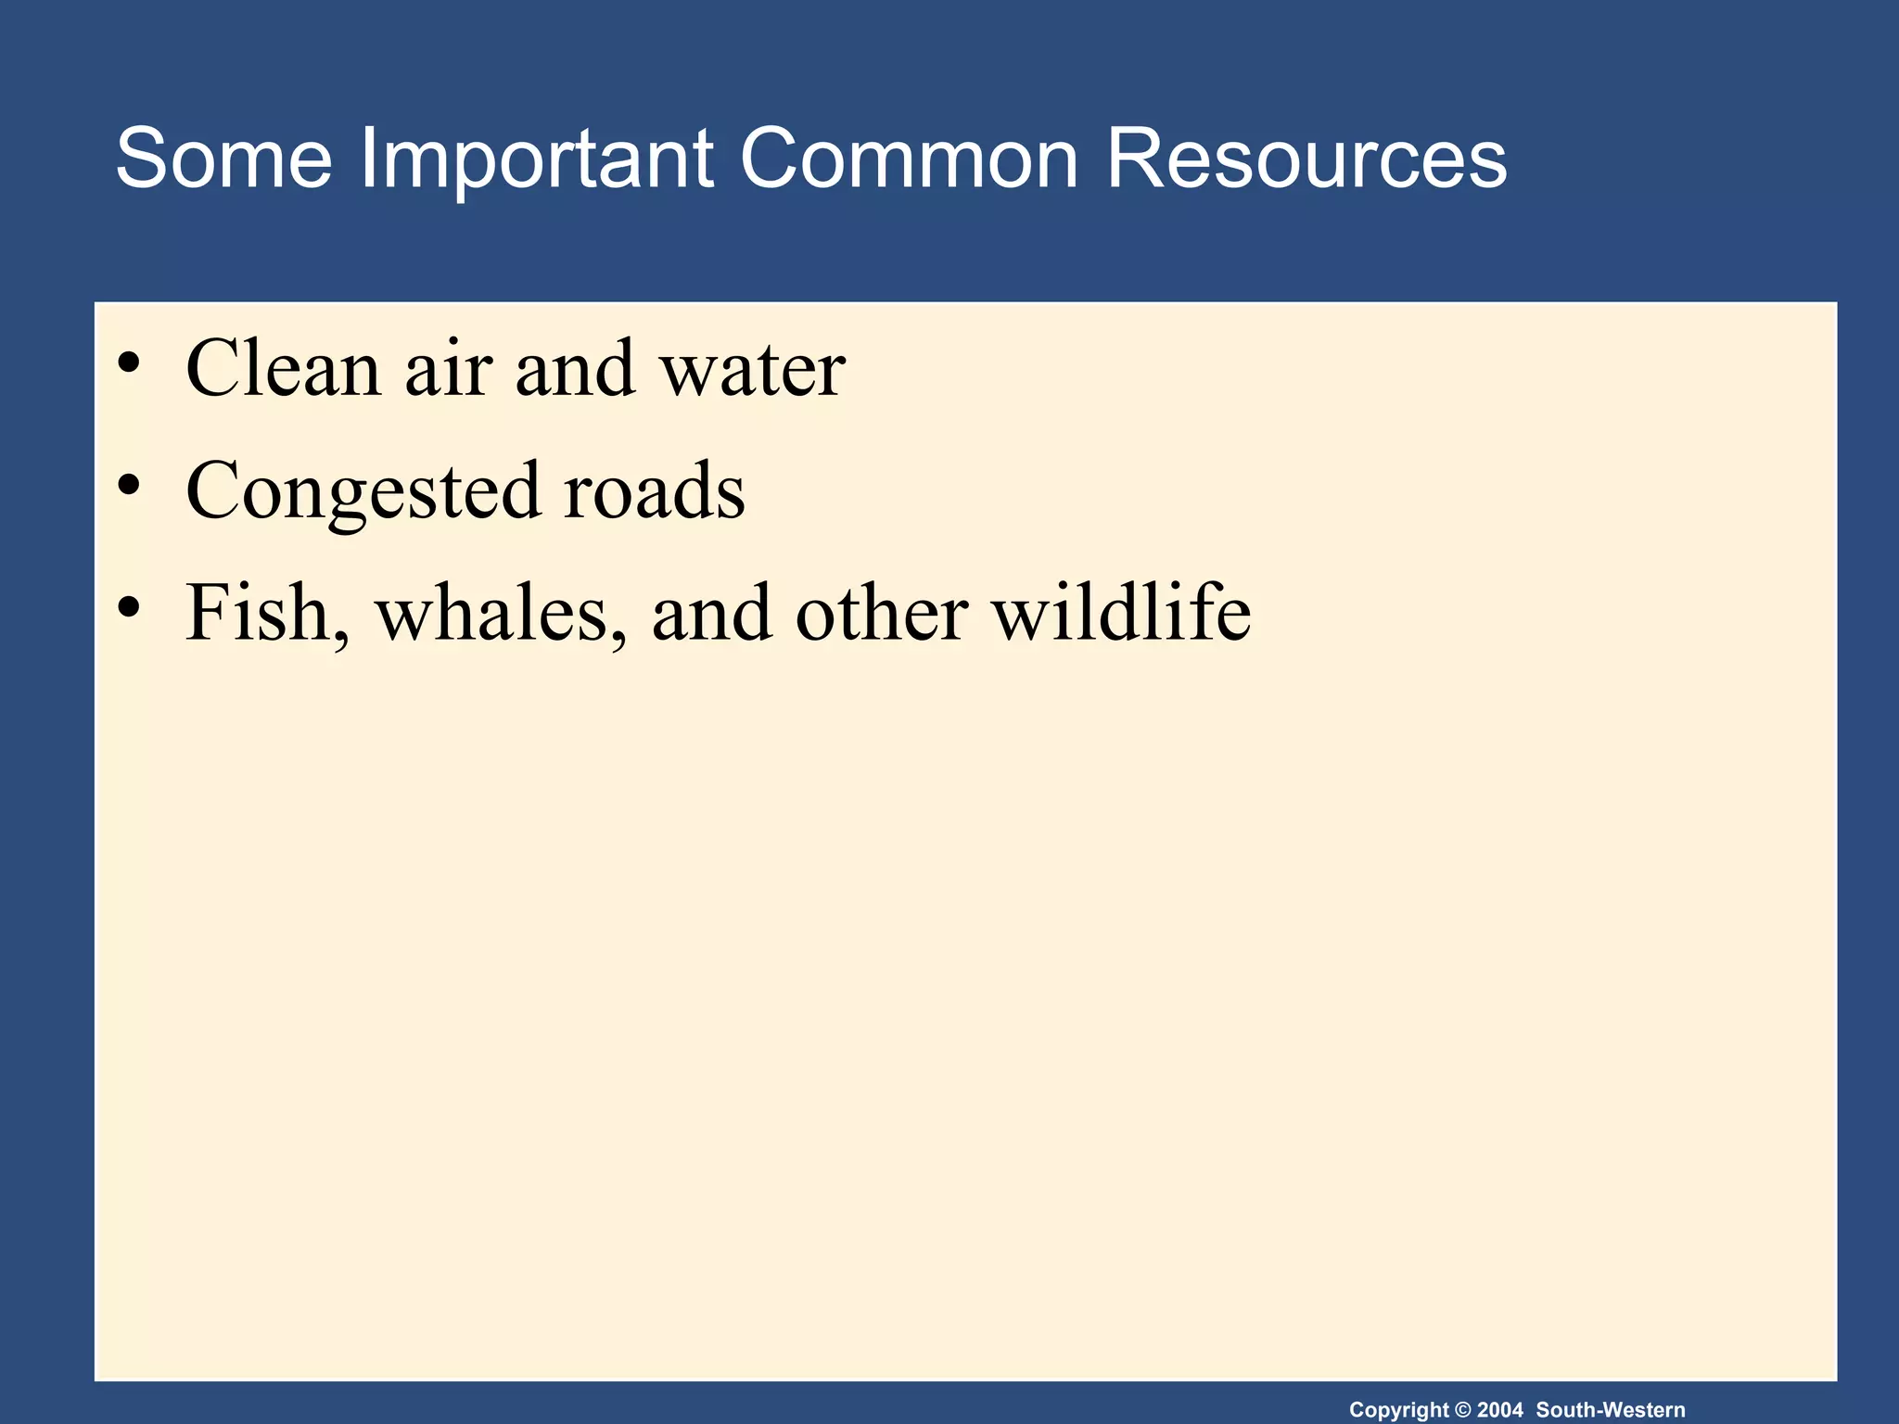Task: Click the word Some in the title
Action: (x=223, y=159)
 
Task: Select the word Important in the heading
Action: (x=536, y=159)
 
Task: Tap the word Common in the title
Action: (x=909, y=159)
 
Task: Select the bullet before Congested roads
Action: (x=129, y=484)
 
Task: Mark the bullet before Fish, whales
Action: (x=129, y=606)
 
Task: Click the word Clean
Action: (x=284, y=369)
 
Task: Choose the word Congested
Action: (x=363, y=491)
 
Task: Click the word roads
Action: (x=654, y=491)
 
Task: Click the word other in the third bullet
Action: (x=881, y=614)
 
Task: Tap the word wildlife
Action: (x=1121, y=614)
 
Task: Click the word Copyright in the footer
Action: (x=1398, y=1410)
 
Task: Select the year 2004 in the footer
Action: (x=1499, y=1410)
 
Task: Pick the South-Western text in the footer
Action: (x=1611, y=1410)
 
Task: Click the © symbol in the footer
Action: (x=1463, y=1410)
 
